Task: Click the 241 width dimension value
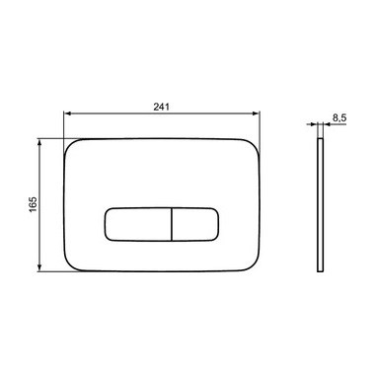tap(161, 107)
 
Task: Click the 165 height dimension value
tap(34, 204)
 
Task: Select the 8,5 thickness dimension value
tap(339, 118)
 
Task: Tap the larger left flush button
tap(138, 224)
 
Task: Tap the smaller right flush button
tap(195, 224)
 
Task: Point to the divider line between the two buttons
tap(172, 224)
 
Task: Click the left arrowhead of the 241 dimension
tap(67, 113)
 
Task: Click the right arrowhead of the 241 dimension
tap(256, 113)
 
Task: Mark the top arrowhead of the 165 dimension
tap(39, 143)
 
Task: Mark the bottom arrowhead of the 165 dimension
tap(39, 267)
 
